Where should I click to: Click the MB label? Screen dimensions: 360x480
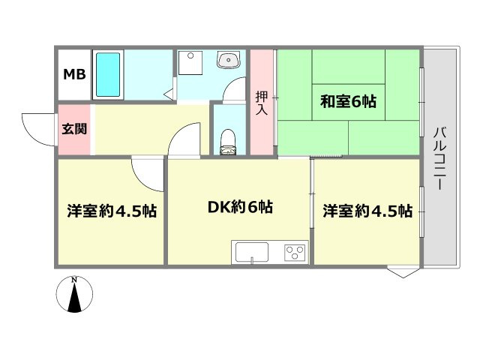tap(73, 74)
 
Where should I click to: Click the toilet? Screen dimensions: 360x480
tap(228, 142)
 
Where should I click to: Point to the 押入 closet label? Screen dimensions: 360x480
tap(261, 102)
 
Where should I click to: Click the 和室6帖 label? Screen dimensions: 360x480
tap(349, 102)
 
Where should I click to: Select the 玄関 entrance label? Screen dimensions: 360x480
tap(73, 128)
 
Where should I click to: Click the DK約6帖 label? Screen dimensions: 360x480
tap(239, 207)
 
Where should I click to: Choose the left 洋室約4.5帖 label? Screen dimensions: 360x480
tap(111, 211)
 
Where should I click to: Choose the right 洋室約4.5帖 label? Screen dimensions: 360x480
tap(367, 211)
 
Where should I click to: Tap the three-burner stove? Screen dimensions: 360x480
tap(294, 252)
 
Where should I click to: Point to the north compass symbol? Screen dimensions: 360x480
tap(73, 294)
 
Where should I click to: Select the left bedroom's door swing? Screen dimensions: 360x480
tap(147, 174)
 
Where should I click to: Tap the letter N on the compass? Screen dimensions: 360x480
tap(73, 280)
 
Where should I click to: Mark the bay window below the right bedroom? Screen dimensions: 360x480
tap(403, 271)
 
